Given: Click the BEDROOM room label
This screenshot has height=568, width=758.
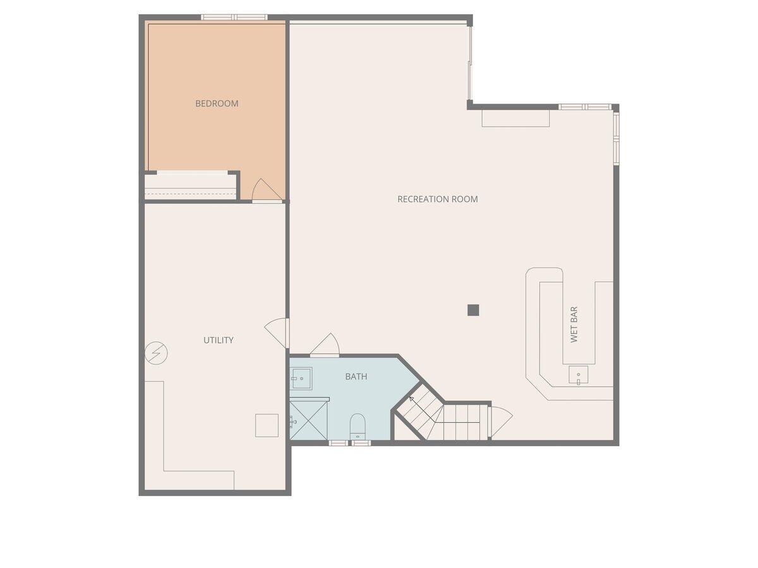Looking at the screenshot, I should click(x=217, y=104).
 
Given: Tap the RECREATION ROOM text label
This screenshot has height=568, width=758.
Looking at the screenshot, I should click(x=437, y=199).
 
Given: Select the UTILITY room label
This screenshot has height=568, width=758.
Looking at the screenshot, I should click(x=218, y=340).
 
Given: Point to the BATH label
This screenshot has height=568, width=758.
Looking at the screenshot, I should click(x=356, y=377).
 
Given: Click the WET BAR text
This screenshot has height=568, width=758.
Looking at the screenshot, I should click(x=574, y=325).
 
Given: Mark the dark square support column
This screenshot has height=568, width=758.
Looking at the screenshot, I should click(x=473, y=310).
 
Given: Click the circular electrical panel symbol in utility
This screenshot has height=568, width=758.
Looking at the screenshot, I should click(x=156, y=352).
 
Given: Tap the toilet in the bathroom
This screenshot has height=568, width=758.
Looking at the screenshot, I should click(x=358, y=426).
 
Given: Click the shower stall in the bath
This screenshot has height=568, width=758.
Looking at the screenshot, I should click(x=308, y=420).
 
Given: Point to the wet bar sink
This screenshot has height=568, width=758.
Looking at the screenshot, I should click(x=578, y=375).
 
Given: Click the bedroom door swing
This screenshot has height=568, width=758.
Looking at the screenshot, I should click(x=264, y=190).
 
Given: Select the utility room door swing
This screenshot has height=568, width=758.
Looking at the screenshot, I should click(x=277, y=331).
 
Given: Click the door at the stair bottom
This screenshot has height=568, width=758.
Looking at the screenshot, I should click(x=500, y=422).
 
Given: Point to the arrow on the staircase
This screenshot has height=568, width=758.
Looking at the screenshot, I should click(x=411, y=399).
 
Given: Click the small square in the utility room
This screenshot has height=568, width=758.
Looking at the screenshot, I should click(x=267, y=425).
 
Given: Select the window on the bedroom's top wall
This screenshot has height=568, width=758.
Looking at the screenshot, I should click(x=234, y=17).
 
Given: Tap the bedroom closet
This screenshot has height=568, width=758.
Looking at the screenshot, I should click(x=190, y=186).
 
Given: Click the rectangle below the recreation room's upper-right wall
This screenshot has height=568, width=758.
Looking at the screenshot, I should click(x=515, y=119).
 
